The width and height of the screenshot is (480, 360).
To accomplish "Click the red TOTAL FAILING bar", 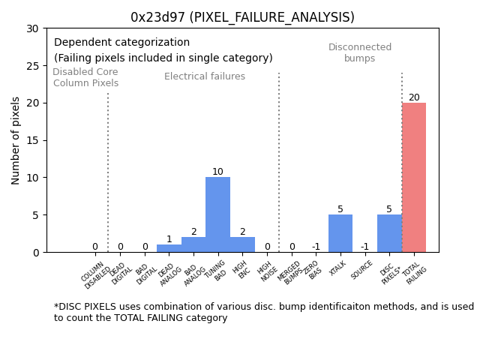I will click(414, 178).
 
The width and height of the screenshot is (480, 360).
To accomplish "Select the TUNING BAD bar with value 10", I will click(217, 214).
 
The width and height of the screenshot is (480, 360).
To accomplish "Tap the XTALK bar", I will click(340, 233).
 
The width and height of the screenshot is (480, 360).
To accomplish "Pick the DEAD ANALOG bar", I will click(169, 248).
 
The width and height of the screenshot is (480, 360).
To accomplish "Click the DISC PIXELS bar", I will click(389, 233).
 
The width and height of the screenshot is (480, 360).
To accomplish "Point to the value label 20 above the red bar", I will click(414, 97).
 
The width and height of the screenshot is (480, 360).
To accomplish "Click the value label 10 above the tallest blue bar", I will click(217, 172).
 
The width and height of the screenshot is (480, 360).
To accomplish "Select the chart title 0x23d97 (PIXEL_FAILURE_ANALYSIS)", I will click(242, 17).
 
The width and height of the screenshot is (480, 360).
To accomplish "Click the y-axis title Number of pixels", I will click(16, 140).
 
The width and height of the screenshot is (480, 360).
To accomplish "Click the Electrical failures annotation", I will click(205, 76).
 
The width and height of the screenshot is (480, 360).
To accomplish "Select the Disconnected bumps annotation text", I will click(360, 53).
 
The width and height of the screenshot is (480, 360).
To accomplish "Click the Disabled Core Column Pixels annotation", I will click(85, 77).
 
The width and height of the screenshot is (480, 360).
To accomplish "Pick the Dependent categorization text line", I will click(121, 43).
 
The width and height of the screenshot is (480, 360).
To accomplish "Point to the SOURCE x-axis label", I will click(362, 269).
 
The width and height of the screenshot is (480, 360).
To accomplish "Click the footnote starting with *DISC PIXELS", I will click(262, 312).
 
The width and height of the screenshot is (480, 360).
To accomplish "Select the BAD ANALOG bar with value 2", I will click(193, 244).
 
